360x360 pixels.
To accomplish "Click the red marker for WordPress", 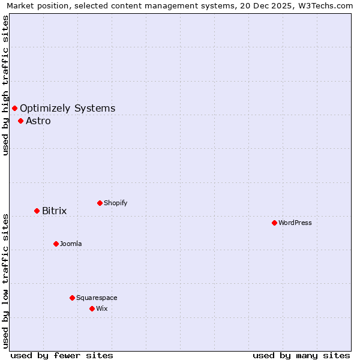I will click(274, 223).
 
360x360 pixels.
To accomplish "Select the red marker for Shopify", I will click(100, 203).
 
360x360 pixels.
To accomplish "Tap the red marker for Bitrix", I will click(37, 211).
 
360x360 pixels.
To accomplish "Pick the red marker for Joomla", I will click(56, 244).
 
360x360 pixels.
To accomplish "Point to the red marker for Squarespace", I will click(72, 298).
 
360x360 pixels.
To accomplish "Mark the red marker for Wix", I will click(92, 308).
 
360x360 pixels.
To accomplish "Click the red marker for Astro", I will click(20, 121).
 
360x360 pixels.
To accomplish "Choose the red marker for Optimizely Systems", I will click(14, 108).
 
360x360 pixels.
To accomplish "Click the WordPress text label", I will click(295, 223).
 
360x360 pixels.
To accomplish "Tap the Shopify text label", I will click(116, 203).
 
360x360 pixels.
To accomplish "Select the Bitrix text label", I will click(55, 211).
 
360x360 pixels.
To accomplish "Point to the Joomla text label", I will click(71, 244).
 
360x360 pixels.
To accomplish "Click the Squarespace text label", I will click(97, 298).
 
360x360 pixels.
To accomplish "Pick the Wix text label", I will click(102, 308).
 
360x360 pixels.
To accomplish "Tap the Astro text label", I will click(38, 121).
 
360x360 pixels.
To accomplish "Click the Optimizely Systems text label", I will click(68, 108).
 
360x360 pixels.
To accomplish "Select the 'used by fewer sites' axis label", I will click(62, 355).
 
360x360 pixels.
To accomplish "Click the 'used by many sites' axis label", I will click(301, 355).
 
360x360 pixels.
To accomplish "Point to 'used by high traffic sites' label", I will click(5, 85).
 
